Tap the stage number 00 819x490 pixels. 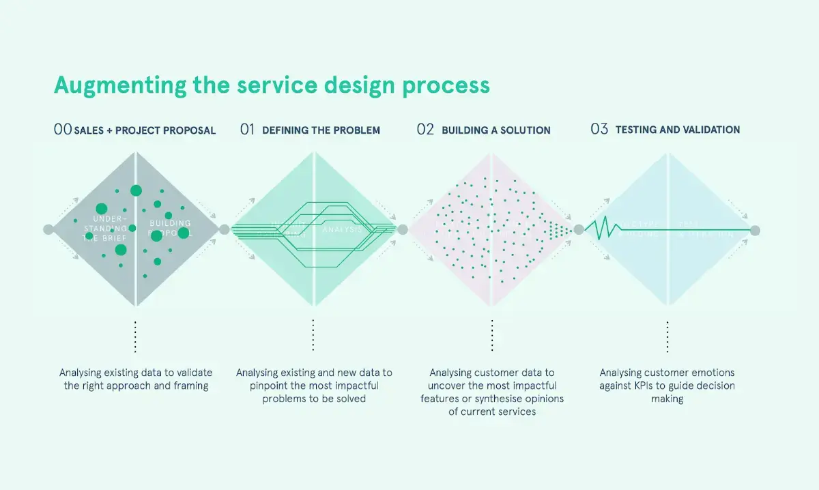62,129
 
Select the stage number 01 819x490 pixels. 246,129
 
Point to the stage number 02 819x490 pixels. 425,129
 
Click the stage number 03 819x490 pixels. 599,129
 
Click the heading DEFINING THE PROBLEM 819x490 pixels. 321,130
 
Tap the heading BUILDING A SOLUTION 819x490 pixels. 495,130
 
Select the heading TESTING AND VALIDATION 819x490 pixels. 677,130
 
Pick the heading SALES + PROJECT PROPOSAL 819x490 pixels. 145,130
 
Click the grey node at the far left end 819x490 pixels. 48,230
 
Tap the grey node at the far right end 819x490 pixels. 754,231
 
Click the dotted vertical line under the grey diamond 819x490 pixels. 136,336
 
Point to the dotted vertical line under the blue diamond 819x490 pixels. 667,336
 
